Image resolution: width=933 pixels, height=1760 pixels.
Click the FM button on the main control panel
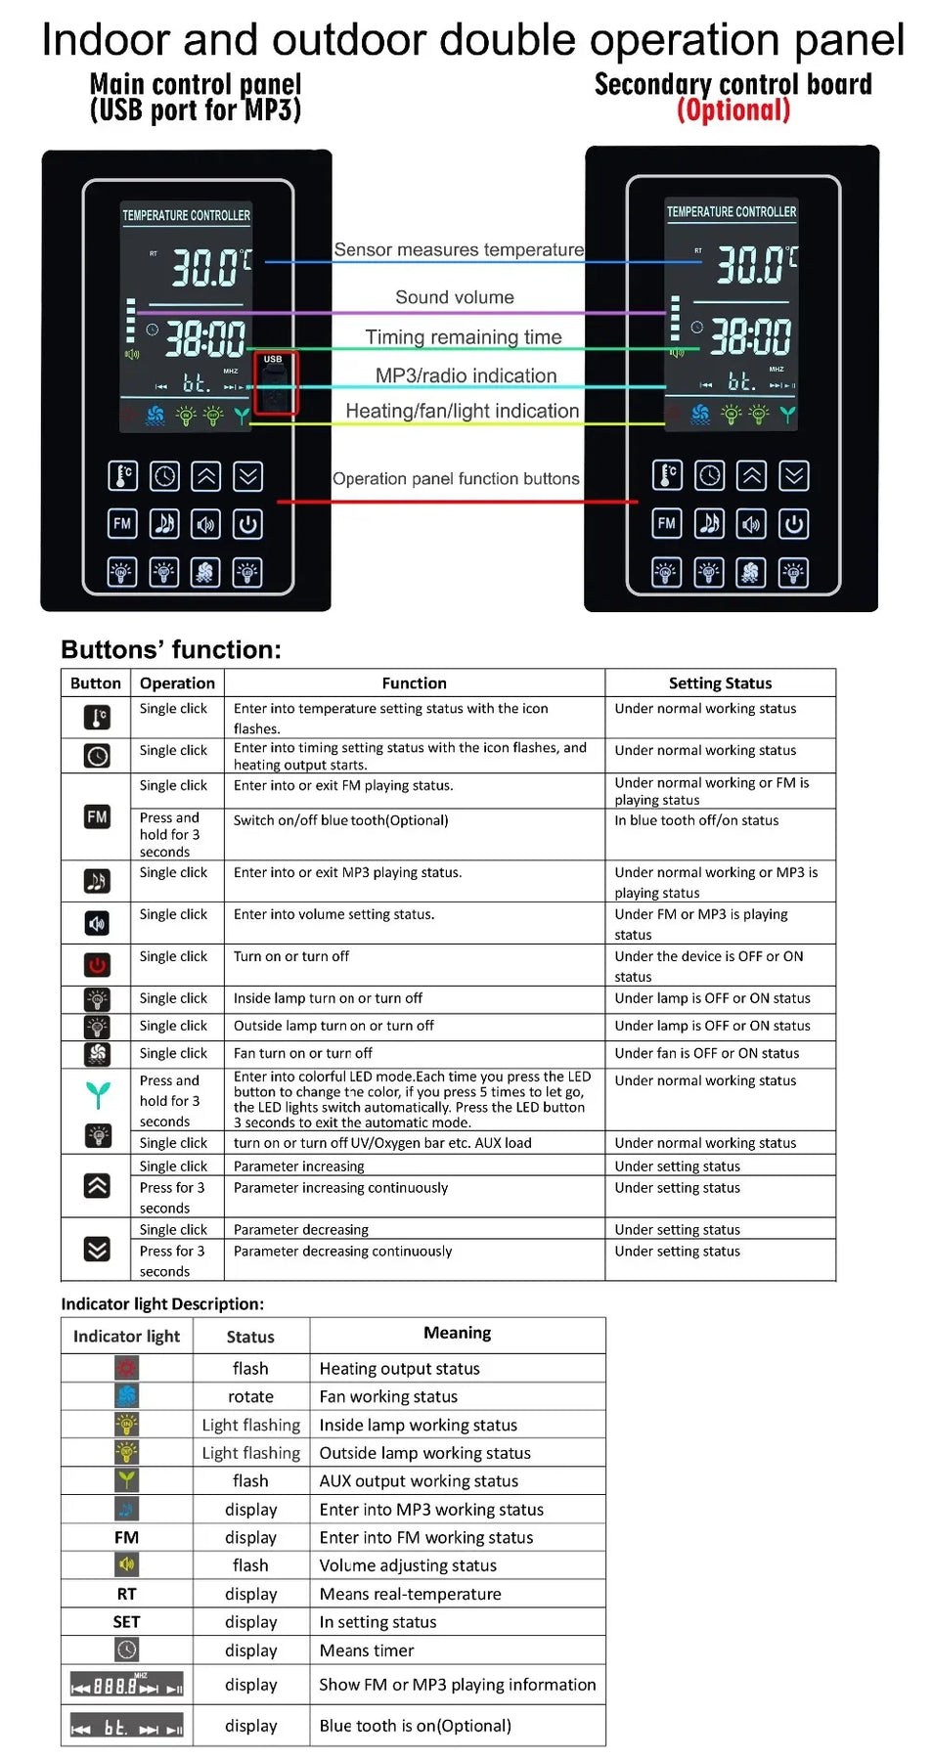(x=122, y=523)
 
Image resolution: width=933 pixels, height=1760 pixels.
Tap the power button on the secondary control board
(x=793, y=524)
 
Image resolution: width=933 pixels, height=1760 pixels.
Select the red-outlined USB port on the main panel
(x=275, y=384)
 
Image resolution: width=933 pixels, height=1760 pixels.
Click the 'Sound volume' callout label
(x=455, y=297)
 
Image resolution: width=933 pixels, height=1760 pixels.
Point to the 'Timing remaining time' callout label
(x=464, y=337)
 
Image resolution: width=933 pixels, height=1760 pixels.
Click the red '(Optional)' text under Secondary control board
(x=733, y=110)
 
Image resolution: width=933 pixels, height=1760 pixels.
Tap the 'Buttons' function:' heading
(x=171, y=649)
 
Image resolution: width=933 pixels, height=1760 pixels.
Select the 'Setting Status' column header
(x=720, y=682)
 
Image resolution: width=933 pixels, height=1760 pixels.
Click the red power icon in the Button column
(x=97, y=965)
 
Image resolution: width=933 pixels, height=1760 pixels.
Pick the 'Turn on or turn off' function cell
(x=291, y=956)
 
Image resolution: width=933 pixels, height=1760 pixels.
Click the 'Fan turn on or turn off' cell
(x=303, y=1053)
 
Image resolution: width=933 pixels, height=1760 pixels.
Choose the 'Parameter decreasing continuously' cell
(x=342, y=1251)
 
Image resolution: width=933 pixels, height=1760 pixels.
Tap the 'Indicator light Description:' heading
(x=162, y=1303)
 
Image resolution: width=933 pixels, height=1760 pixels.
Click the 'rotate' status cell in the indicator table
(x=250, y=1396)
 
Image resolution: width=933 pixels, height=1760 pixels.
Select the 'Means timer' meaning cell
(x=367, y=1650)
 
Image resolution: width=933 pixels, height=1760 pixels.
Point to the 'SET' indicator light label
(x=126, y=1621)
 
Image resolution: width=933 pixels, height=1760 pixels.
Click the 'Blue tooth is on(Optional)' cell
(x=415, y=1725)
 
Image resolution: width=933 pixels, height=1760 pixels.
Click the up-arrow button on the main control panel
(x=205, y=476)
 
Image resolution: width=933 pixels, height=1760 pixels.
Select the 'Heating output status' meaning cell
(x=399, y=1368)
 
